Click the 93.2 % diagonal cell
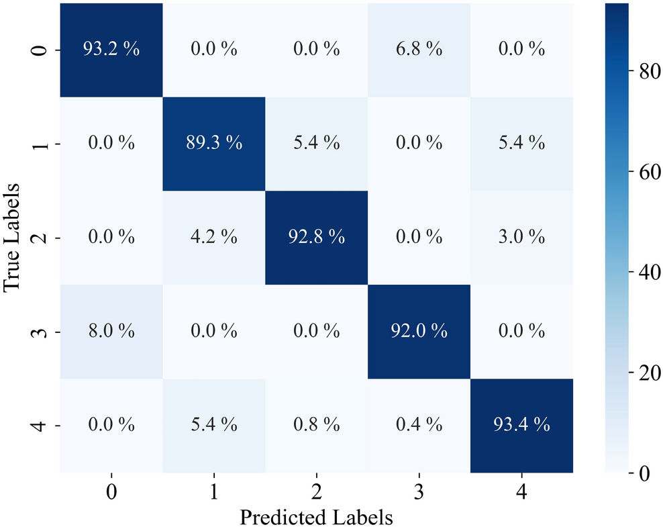(x=111, y=50)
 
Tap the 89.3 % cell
(x=214, y=144)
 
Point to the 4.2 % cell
(x=214, y=238)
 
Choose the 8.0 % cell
(x=111, y=332)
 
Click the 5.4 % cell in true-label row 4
(x=214, y=426)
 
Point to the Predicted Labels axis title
(x=315, y=517)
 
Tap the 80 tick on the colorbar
(x=640, y=74)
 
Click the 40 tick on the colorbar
(x=640, y=273)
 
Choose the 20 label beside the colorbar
(x=640, y=373)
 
